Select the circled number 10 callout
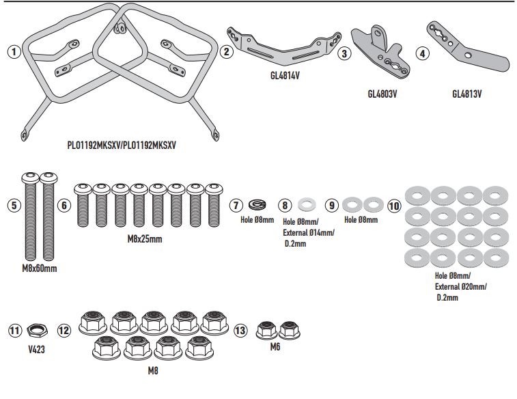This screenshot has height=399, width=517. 393,204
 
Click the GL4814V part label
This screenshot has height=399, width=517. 281,76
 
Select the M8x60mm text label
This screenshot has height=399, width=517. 38,268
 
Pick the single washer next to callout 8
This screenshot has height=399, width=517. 307,204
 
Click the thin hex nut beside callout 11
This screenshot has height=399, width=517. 38,331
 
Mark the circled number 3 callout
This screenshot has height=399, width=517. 345,52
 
